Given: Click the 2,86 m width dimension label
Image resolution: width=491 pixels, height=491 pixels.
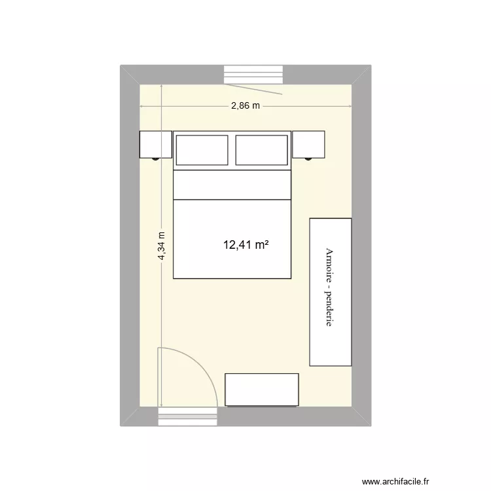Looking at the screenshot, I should click(x=245, y=105).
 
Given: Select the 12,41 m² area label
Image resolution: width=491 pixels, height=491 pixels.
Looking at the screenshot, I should click(x=247, y=245).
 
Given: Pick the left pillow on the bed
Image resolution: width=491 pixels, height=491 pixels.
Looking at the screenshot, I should click(x=202, y=150).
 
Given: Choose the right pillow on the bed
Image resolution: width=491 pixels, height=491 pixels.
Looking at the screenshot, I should click(x=261, y=150).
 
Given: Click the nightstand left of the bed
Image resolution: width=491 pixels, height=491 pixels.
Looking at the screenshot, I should click(x=156, y=144).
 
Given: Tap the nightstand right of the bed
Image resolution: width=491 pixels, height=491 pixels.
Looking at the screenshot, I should click(x=308, y=144).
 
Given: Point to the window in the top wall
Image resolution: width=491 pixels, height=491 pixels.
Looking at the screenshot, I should click(x=255, y=74).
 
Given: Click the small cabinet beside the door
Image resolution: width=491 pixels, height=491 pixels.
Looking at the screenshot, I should click(x=262, y=390).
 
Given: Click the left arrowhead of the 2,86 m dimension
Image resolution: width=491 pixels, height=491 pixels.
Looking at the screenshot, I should click(x=142, y=106).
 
